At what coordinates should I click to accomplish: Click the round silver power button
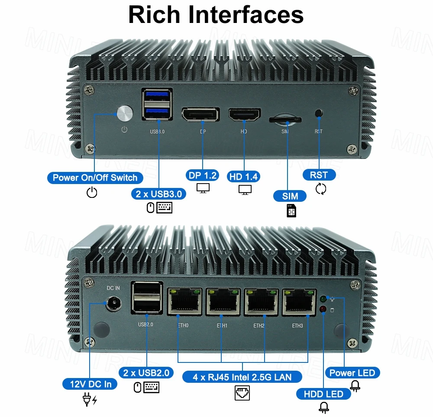pyautogui.click(x=125, y=113)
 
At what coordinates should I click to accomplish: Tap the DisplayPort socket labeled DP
pyautogui.click(x=200, y=116)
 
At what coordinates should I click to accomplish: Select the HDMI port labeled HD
pyautogui.click(x=245, y=115)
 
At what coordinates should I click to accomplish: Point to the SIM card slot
pyautogui.click(x=285, y=119)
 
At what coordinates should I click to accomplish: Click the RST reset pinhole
pyautogui.click(x=319, y=114)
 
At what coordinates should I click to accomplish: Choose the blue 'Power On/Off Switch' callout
pyautogui.click(x=95, y=178)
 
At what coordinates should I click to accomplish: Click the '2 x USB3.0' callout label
pyautogui.click(x=159, y=194)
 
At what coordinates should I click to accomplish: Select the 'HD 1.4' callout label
pyautogui.click(x=244, y=176)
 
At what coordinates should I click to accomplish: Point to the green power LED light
pyautogui.click(x=323, y=299)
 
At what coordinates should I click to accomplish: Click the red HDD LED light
pyautogui.click(x=323, y=309)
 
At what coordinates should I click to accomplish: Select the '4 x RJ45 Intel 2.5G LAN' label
pyautogui.click(x=242, y=377)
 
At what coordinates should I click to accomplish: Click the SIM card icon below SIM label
pyautogui.click(x=291, y=210)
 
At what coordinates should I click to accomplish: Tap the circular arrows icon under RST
pyautogui.click(x=321, y=189)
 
